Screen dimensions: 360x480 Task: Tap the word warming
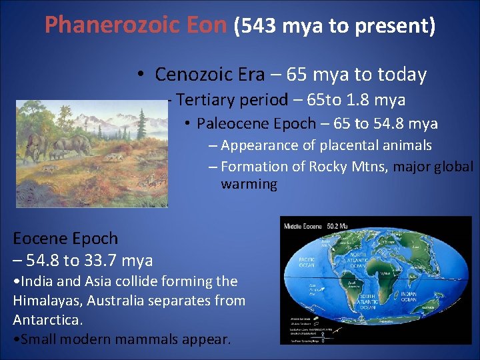(x=249, y=184)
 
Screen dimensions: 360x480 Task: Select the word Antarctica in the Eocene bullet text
(x=46, y=319)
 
